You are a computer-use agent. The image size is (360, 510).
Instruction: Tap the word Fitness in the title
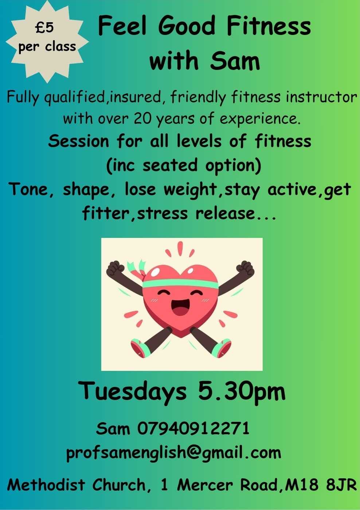tap(268, 26)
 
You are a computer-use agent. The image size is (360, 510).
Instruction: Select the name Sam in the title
tap(235, 61)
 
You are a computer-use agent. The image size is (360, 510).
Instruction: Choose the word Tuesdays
tap(133, 391)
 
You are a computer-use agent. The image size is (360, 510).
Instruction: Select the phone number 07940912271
tap(193, 428)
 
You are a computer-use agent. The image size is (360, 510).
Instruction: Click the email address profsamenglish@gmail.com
tap(173, 452)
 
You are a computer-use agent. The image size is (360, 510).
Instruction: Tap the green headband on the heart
tap(180, 282)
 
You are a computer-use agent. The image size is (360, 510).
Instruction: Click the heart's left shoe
tap(140, 348)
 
